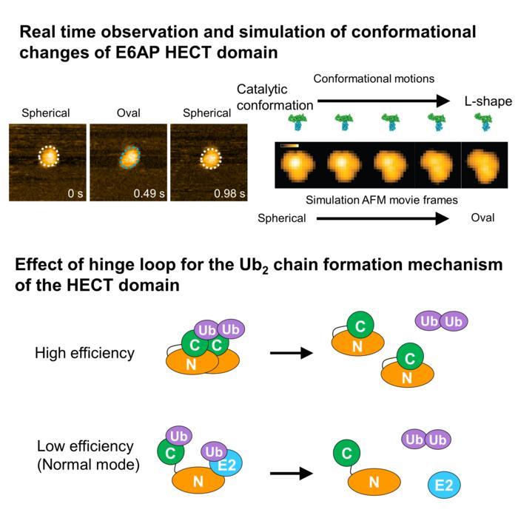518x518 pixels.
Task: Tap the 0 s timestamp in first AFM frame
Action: pos(73,194)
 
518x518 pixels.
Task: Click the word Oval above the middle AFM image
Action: pos(128,113)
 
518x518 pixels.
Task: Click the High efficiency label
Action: pos(84,353)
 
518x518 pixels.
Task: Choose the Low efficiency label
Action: pos(85,446)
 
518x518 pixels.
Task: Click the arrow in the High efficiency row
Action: pos(291,354)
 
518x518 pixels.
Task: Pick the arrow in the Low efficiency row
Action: pos(291,469)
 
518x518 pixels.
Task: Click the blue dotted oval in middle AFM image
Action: pos(129,157)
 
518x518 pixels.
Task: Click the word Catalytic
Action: pos(262,90)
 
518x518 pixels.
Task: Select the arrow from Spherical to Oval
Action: pos(383,219)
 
